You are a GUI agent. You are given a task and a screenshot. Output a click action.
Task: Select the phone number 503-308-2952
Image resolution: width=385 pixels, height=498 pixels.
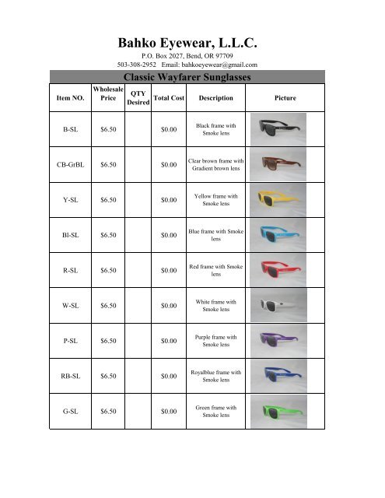pyautogui.click(x=137, y=64)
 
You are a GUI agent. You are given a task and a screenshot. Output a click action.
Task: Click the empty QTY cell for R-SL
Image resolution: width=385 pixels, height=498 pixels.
pyautogui.click(x=138, y=271)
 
